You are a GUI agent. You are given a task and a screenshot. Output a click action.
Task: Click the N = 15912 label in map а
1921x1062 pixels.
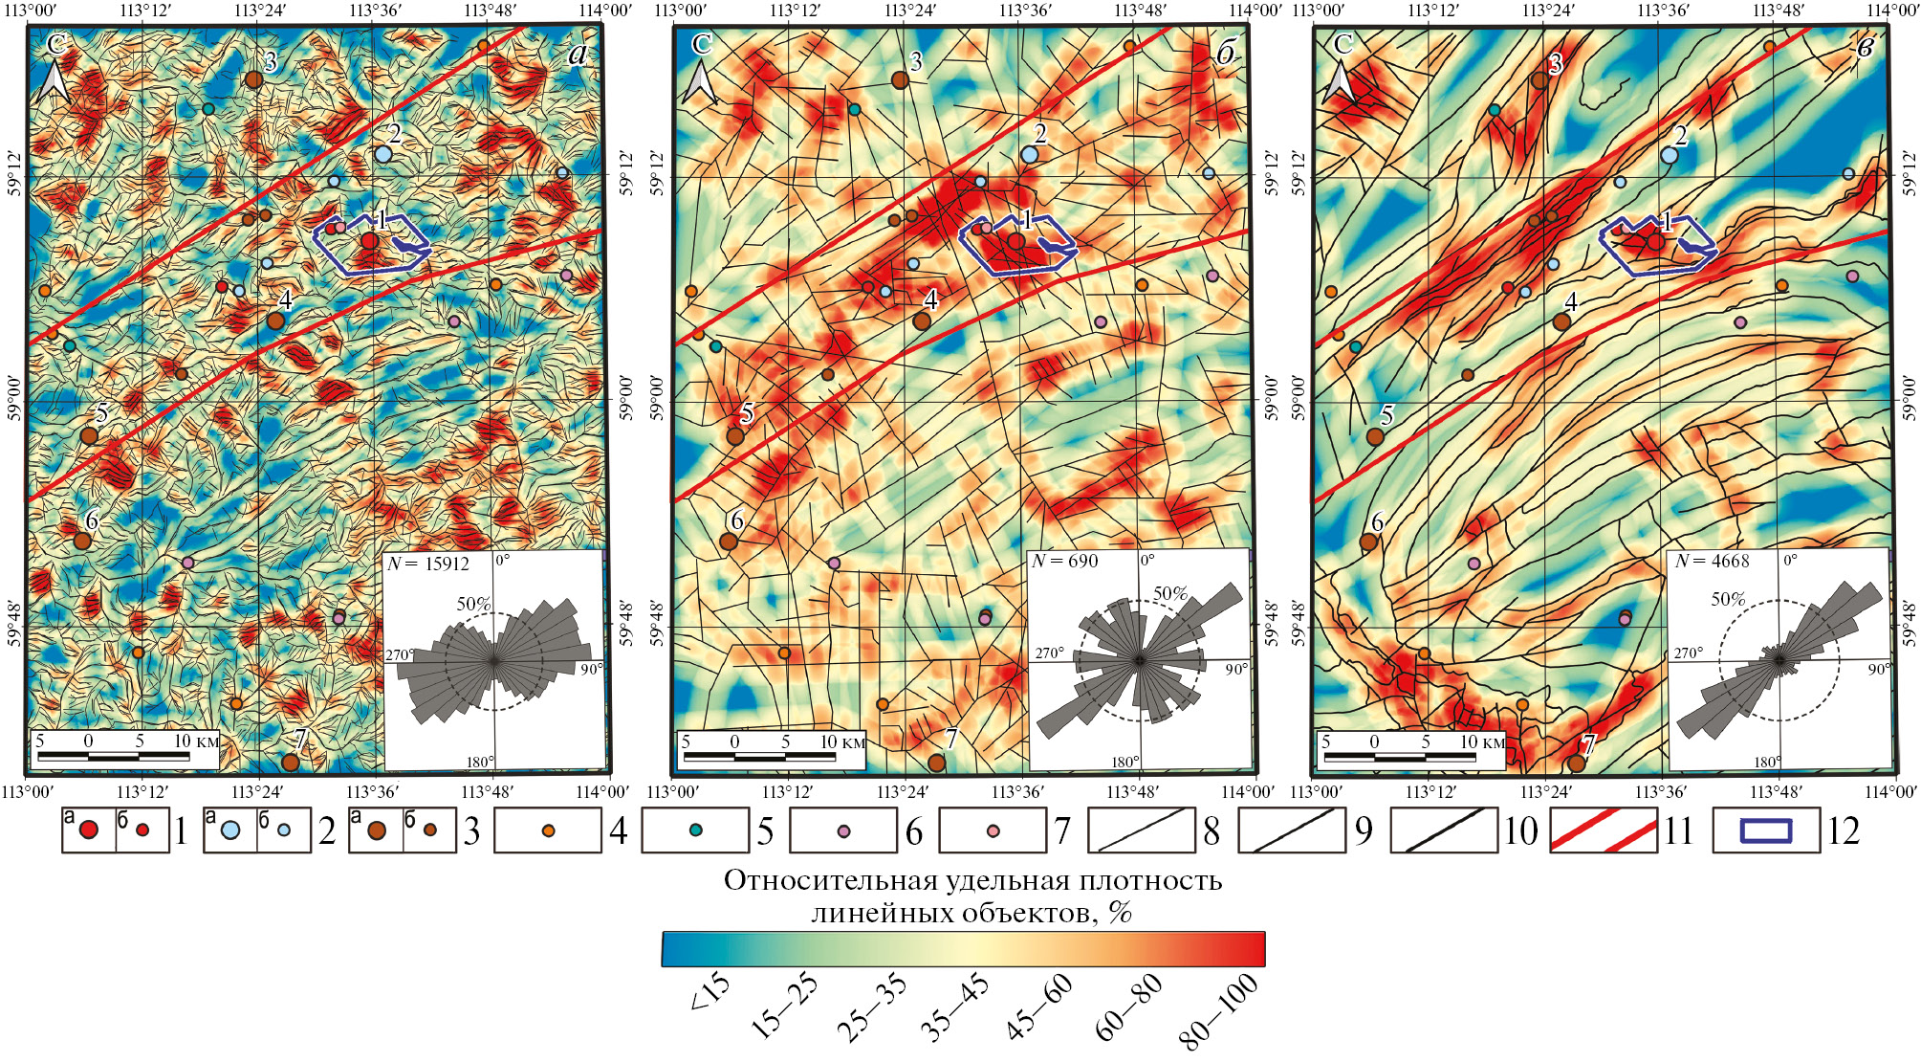point(427,564)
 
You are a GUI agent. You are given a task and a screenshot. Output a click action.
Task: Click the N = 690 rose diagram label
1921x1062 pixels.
point(1064,562)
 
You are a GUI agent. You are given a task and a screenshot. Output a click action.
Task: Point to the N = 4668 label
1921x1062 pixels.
point(1712,562)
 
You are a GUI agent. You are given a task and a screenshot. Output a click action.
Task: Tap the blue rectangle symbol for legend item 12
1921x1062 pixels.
point(1765,830)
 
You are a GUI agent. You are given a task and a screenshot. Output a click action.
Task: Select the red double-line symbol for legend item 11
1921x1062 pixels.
point(1603,830)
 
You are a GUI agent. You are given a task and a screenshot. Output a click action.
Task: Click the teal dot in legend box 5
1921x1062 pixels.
point(695,830)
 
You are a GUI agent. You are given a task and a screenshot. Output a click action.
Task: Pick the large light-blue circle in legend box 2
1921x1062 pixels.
point(230,830)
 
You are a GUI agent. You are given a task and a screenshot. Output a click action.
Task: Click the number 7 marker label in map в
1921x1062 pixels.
point(1588,743)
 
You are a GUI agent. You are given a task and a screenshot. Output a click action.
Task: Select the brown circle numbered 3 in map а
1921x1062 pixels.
point(253,79)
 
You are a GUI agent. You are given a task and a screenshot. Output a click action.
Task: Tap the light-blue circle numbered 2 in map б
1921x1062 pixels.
point(1029,154)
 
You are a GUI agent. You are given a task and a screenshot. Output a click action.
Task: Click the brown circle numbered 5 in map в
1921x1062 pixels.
point(1375,436)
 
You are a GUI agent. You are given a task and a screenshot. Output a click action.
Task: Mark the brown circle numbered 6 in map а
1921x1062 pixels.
point(82,541)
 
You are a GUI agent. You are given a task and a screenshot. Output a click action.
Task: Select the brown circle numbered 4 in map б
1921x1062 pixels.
point(921,321)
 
